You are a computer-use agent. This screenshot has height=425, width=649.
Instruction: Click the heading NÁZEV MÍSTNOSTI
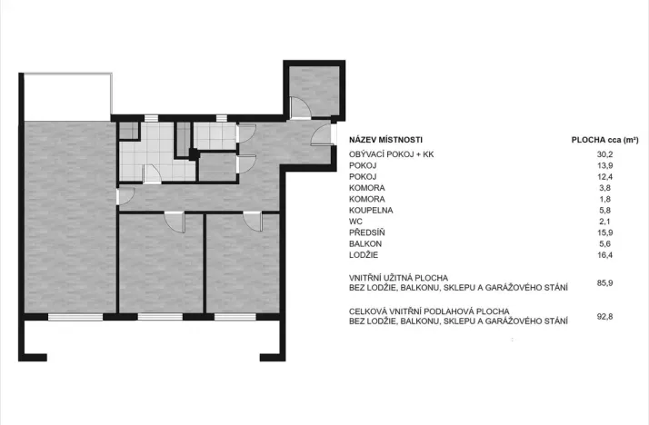[385, 140]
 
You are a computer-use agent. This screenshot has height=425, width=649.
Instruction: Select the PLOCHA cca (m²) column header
[604, 140]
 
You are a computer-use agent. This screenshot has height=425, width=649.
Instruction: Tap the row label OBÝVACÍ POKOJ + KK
[392, 154]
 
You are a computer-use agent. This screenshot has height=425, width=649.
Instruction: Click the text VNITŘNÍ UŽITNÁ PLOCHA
[400, 277]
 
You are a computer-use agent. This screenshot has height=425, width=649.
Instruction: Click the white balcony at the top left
[66, 95]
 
